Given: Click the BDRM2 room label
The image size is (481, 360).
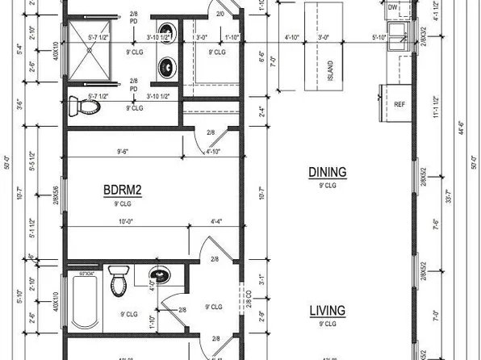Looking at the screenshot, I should coord(122,190).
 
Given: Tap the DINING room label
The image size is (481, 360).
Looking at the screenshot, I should coord(327,172).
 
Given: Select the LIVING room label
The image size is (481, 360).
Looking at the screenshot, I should coord(327,310).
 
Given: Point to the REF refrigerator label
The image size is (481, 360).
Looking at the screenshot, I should coord(399,105).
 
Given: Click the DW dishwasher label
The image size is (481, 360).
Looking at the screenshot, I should coord(393,7).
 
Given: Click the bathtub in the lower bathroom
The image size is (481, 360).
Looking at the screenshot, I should coord(84,303).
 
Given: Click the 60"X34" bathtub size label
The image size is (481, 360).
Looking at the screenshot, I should coord(86,275).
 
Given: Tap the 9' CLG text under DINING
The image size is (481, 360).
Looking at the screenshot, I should coord(327,186).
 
